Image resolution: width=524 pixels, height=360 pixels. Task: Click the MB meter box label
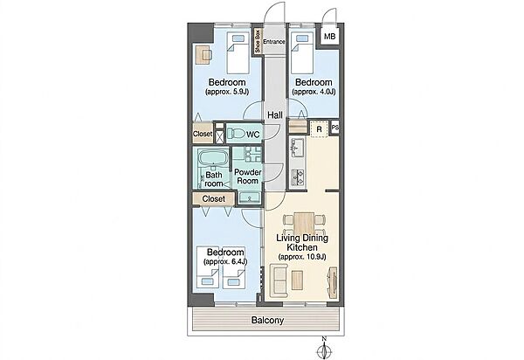click(x=329, y=37)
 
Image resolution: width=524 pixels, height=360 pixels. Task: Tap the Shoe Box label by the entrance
click(x=258, y=41)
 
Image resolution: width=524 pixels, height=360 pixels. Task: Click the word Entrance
click(x=274, y=42)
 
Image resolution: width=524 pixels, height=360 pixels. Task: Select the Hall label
click(x=275, y=115)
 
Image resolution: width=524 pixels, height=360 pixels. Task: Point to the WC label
click(x=253, y=135)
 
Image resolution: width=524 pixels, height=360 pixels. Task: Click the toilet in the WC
click(x=236, y=134)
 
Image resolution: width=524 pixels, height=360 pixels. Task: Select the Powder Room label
click(x=247, y=177)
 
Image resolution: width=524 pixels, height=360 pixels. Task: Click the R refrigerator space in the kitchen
click(x=319, y=128)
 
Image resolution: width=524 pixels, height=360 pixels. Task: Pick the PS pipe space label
click(x=335, y=128)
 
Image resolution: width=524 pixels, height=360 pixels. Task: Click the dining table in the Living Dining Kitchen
click(x=304, y=223)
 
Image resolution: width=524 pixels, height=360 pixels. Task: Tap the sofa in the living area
click(x=279, y=280)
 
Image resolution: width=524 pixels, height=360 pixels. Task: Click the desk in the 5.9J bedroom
click(x=203, y=54)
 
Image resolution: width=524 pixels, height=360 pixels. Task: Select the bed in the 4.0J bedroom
click(x=302, y=52)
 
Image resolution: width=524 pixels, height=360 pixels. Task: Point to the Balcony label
click(x=267, y=320)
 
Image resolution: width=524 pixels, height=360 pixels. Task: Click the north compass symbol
click(x=323, y=349)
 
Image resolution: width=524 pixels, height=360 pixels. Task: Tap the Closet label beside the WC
click(x=203, y=134)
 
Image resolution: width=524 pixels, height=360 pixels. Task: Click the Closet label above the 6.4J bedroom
click(x=214, y=199)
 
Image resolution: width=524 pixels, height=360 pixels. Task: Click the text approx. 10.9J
click(x=302, y=257)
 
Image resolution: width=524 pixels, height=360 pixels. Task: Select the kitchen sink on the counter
click(x=296, y=148)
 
